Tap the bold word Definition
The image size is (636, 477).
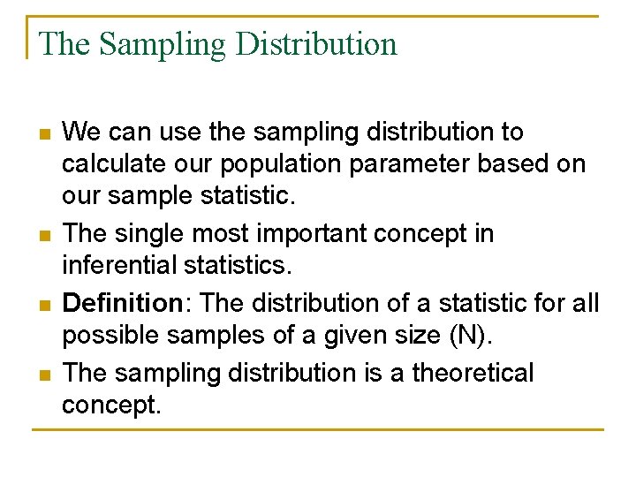point(122,303)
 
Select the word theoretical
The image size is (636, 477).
point(468,373)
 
